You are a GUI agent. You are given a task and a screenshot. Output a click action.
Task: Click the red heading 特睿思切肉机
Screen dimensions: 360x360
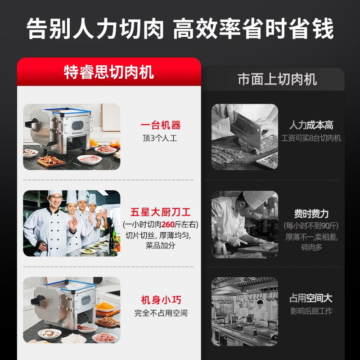[x=109, y=72]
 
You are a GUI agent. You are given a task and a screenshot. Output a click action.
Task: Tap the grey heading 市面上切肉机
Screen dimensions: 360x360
[x=277, y=80]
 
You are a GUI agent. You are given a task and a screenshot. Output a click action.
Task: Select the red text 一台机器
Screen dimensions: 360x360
[x=161, y=126]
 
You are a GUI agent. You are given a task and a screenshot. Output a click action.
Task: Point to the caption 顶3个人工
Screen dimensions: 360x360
[x=160, y=139]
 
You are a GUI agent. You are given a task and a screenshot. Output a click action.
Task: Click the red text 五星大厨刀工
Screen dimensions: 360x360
[x=161, y=212]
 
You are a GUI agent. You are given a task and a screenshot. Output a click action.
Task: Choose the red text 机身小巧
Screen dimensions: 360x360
[x=161, y=300]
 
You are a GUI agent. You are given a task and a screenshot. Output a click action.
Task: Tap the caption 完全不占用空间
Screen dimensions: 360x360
[x=161, y=313]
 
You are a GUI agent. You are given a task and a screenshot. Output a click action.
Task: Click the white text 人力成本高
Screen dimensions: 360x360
[x=311, y=126]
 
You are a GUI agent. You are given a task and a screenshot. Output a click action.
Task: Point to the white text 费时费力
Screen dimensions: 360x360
[x=311, y=214]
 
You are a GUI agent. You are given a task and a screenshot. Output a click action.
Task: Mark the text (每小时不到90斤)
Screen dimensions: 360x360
[x=311, y=225]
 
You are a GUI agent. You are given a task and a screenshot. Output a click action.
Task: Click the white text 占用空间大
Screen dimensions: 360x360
[x=311, y=298]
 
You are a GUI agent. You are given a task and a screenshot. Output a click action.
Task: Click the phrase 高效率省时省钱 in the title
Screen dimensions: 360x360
[x=253, y=30]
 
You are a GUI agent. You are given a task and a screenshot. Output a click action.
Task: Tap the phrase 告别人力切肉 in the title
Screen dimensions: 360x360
[x=95, y=30]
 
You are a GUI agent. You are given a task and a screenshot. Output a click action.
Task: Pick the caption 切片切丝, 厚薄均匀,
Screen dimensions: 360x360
[x=161, y=235]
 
